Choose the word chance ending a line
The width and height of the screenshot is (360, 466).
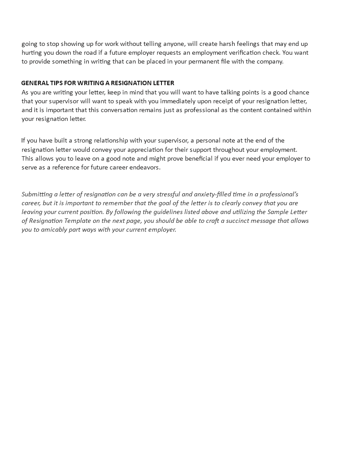[x=296, y=92]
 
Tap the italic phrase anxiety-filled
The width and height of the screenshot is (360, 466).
[x=209, y=194]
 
